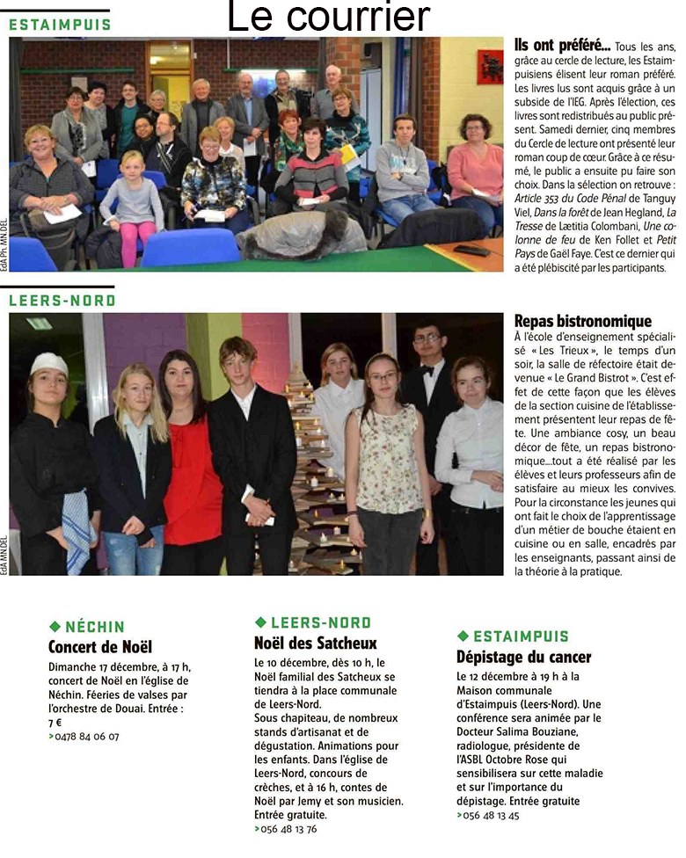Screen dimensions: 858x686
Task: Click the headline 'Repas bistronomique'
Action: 582,321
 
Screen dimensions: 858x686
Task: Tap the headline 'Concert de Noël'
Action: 100,648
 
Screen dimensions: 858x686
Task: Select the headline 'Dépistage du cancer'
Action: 523,657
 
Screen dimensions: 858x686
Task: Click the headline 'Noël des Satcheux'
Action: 315,643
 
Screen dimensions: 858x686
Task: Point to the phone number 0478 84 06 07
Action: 87,736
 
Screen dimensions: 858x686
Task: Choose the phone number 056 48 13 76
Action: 288,828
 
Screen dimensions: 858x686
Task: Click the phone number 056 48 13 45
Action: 491,815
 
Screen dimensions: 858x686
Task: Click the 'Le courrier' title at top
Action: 329,18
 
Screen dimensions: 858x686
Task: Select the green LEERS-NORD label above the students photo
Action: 62,301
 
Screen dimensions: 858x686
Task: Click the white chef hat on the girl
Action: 48,362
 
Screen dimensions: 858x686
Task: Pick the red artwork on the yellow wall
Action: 490,66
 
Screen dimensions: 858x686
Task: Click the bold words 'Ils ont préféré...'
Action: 549,43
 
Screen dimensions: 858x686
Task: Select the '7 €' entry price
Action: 55,722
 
